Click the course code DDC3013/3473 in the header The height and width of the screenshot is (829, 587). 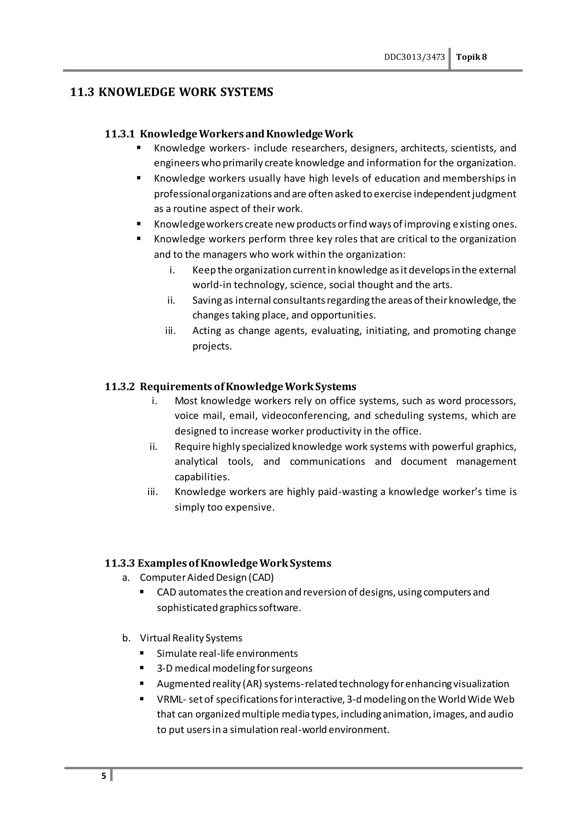pyautogui.click(x=414, y=57)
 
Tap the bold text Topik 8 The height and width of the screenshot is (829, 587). pyautogui.click(x=471, y=57)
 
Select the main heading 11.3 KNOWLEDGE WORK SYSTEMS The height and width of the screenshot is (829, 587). pyautogui.click(x=171, y=92)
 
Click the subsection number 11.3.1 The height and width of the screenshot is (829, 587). pyautogui.click(x=120, y=134)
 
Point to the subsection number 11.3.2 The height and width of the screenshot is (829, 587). pyautogui.click(x=120, y=387)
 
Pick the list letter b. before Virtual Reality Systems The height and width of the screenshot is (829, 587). pyautogui.click(x=126, y=638)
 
